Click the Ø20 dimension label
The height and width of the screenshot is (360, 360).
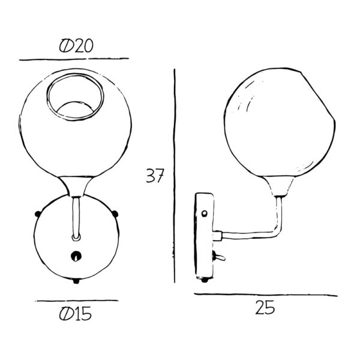click(x=76, y=46)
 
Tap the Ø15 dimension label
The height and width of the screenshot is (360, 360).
click(x=76, y=313)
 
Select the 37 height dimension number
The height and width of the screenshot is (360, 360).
click(x=155, y=176)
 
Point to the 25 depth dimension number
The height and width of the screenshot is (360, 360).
click(x=265, y=308)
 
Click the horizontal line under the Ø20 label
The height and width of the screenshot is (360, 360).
click(x=74, y=59)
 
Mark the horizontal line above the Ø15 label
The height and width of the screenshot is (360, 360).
click(x=76, y=301)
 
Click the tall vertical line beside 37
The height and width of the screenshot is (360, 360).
click(x=174, y=174)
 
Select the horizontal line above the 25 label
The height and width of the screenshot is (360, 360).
click(x=265, y=295)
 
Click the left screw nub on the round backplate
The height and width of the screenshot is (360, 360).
click(x=37, y=212)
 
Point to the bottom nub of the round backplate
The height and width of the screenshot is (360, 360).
click(x=76, y=281)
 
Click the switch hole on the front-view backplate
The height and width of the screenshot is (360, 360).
click(x=76, y=255)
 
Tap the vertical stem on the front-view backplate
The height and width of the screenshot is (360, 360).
click(x=76, y=219)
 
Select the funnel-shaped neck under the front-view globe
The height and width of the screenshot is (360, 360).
click(x=76, y=185)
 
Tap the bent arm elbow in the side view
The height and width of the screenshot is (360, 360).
click(x=276, y=231)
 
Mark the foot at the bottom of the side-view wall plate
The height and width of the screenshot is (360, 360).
click(x=205, y=279)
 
